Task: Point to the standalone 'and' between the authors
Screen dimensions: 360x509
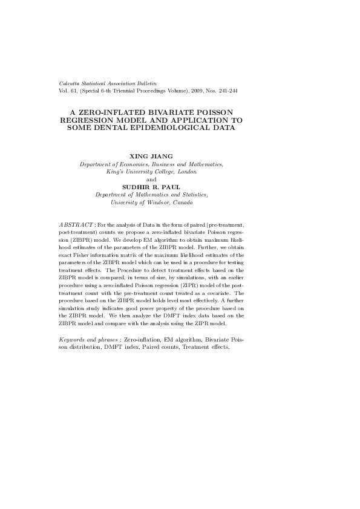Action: tap(151, 180)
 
